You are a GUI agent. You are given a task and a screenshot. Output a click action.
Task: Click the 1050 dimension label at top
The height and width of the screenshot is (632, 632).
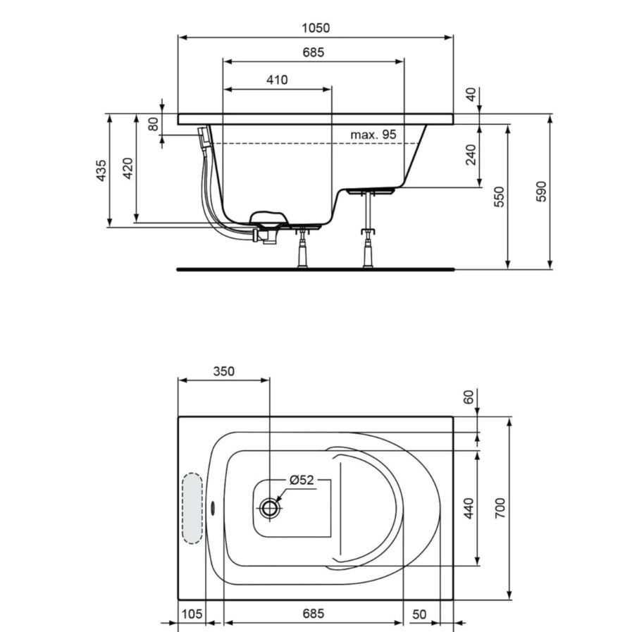316,27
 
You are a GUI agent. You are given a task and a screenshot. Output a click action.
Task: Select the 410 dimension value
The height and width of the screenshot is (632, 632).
277,80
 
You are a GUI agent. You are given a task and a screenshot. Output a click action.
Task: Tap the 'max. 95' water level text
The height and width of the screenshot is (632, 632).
373,134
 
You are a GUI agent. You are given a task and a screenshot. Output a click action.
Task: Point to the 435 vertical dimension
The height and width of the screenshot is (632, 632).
101,170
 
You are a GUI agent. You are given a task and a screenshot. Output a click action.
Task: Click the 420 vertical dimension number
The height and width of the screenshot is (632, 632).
128,168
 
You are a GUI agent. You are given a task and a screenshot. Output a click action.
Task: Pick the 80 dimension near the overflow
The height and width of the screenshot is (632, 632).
153,124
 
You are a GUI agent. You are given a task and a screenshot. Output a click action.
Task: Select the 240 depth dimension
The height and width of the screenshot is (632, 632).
471,154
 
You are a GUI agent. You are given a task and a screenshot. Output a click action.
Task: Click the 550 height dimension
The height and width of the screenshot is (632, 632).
499,197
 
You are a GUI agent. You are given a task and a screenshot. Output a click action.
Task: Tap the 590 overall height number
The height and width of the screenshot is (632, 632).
542,191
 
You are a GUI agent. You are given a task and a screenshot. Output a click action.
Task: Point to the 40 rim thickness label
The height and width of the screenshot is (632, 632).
471,94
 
